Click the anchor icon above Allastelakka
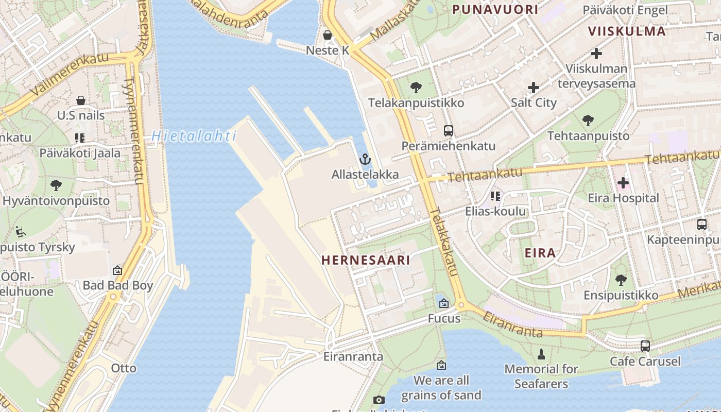pos(365,159)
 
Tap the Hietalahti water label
pos(194,136)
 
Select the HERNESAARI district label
pos(366,260)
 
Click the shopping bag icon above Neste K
pos(328,35)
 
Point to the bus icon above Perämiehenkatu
pos(449,130)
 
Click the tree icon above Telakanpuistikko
pos(416,88)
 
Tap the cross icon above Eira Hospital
pos(623,182)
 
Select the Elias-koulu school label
pos(495,211)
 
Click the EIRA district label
pos(540,253)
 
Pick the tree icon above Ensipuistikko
pos(621,280)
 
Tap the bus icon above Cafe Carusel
pos(645,346)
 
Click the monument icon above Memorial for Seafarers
pos(541,354)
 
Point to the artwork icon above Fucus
pos(444,303)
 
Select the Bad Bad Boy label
pos(118,285)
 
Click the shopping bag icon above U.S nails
pos(81,100)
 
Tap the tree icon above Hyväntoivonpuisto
pos(56,185)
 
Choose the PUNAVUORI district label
pos(495,9)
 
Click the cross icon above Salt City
pos(534,87)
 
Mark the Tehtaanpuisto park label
pos(588,136)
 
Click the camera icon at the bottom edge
pos(379,400)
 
